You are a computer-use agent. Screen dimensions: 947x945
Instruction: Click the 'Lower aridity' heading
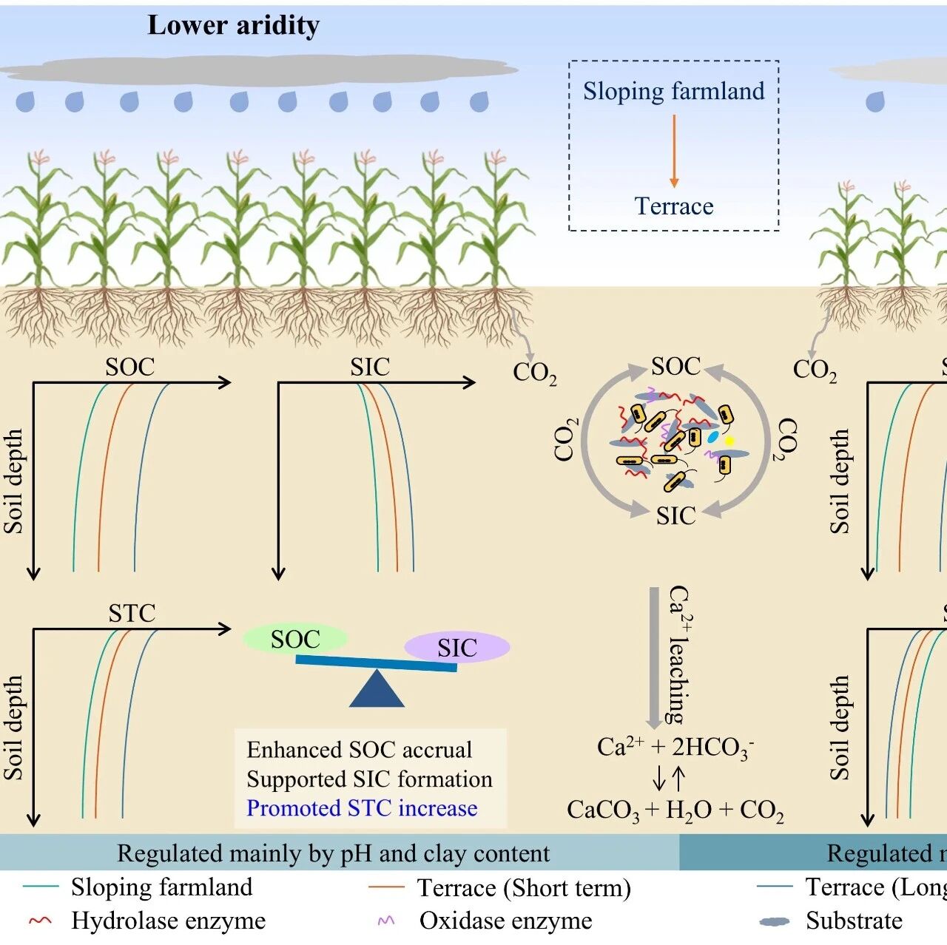pyautogui.click(x=234, y=26)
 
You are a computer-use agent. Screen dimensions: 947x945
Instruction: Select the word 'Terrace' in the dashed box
pyautogui.click(x=674, y=206)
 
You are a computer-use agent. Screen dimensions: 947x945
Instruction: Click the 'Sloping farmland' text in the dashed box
pyautogui.click(x=674, y=92)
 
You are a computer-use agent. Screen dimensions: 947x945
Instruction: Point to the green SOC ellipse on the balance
pyautogui.click(x=295, y=639)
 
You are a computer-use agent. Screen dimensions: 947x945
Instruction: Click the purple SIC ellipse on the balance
pyautogui.click(x=457, y=647)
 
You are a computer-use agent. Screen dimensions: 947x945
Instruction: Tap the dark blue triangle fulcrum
pyautogui.click(x=377, y=688)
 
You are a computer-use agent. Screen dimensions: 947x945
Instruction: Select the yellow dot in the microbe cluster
pyautogui.click(x=729, y=441)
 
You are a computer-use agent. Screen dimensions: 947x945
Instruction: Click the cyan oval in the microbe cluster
pyautogui.click(x=712, y=436)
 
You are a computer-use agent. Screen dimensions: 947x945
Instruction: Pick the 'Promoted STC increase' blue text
pyautogui.click(x=362, y=808)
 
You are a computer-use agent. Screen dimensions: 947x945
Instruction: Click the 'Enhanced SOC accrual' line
pyautogui.click(x=360, y=750)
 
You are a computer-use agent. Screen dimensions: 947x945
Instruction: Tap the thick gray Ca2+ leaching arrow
pyautogui.click(x=655, y=657)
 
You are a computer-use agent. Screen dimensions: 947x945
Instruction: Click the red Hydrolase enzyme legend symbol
pyautogui.click(x=41, y=920)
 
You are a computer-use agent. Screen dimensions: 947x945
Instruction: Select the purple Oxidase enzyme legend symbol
pyautogui.click(x=386, y=920)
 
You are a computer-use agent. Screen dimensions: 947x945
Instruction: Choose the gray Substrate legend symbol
pyautogui.click(x=775, y=921)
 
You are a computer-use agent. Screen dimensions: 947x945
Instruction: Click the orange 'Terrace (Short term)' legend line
pyautogui.click(x=386, y=887)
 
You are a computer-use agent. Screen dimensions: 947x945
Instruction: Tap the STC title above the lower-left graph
pyautogui.click(x=132, y=613)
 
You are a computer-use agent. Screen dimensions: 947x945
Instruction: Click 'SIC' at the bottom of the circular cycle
pyautogui.click(x=676, y=516)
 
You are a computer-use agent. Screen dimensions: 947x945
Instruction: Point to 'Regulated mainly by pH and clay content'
pyautogui.click(x=333, y=853)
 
